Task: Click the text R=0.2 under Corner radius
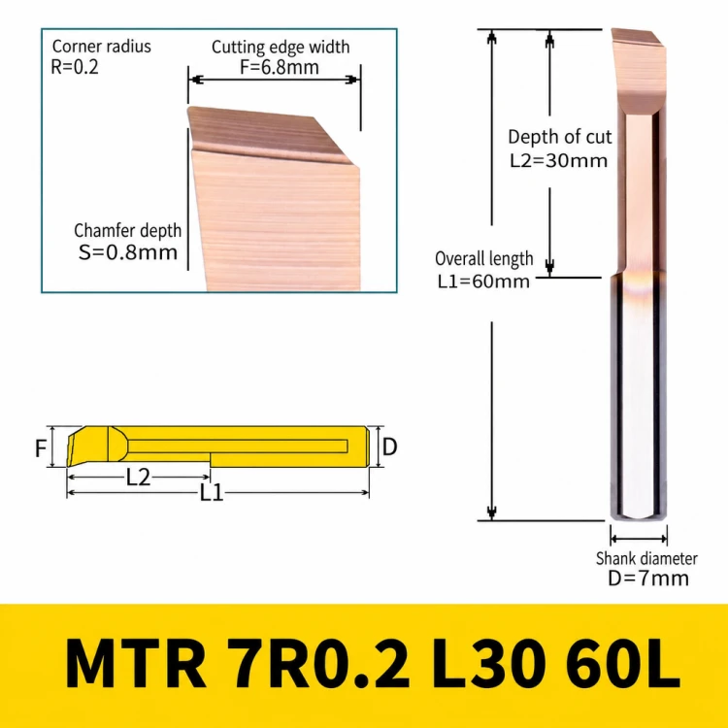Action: (75, 67)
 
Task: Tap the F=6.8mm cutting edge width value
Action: (279, 67)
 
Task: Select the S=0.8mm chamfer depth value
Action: (128, 252)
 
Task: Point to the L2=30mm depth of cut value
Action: (558, 160)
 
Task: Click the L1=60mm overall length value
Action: (483, 281)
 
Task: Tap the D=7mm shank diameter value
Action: (648, 579)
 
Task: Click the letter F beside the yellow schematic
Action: (41, 448)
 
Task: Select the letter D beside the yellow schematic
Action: (389, 447)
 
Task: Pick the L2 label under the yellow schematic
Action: (138, 477)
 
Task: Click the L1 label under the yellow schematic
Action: (212, 492)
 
